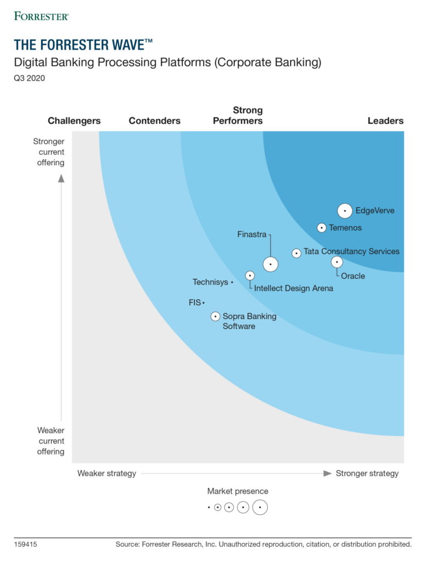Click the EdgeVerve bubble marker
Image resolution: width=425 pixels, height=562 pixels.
[x=345, y=211]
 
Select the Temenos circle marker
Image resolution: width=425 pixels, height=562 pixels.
[x=322, y=228]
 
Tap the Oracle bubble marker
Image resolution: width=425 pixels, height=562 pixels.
[x=337, y=262]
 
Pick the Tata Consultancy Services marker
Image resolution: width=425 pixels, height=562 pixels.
[x=297, y=253]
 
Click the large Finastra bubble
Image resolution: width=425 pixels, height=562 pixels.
[x=270, y=264]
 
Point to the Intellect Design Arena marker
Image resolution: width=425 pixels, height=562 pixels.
[x=250, y=276]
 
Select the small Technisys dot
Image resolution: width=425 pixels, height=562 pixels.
[x=232, y=283]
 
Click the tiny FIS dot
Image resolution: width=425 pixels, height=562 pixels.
[x=203, y=303]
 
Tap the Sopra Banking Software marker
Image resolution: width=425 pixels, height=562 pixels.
[x=215, y=316]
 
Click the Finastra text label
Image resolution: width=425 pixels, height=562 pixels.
[x=251, y=234]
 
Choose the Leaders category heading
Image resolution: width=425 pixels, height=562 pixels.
[x=385, y=121]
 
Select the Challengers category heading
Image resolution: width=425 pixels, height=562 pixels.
[x=74, y=121]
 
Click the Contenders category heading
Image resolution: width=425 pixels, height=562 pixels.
[x=154, y=121]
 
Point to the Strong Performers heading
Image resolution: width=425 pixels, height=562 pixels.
[x=238, y=116]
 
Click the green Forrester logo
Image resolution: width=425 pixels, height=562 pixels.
[x=42, y=16]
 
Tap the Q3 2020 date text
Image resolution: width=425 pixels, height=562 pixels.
[x=30, y=78]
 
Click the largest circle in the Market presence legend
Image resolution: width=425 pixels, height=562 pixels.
[x=260, y=508]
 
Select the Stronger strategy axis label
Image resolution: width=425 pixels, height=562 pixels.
[x=367, y=473]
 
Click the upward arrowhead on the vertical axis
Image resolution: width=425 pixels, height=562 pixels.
[x=61, y=178]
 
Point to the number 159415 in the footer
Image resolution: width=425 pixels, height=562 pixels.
[x=25, y=544]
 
